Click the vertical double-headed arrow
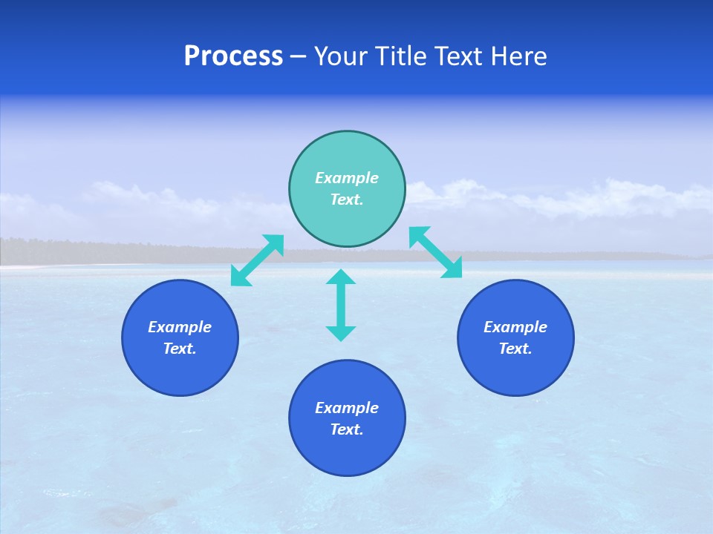[341, 305]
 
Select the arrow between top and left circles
[257, 260]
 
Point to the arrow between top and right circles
[435, 252]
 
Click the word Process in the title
[233, 56]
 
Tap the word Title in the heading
[402, 56]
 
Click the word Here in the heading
[519, 56]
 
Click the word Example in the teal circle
[347, 178]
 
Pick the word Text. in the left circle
[180, 349]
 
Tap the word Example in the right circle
[515, 327]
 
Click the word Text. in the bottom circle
[347, 429]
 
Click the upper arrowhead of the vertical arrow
[341, 277]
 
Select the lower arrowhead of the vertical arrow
[341, 333]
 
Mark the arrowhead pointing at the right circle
[453, 269]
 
